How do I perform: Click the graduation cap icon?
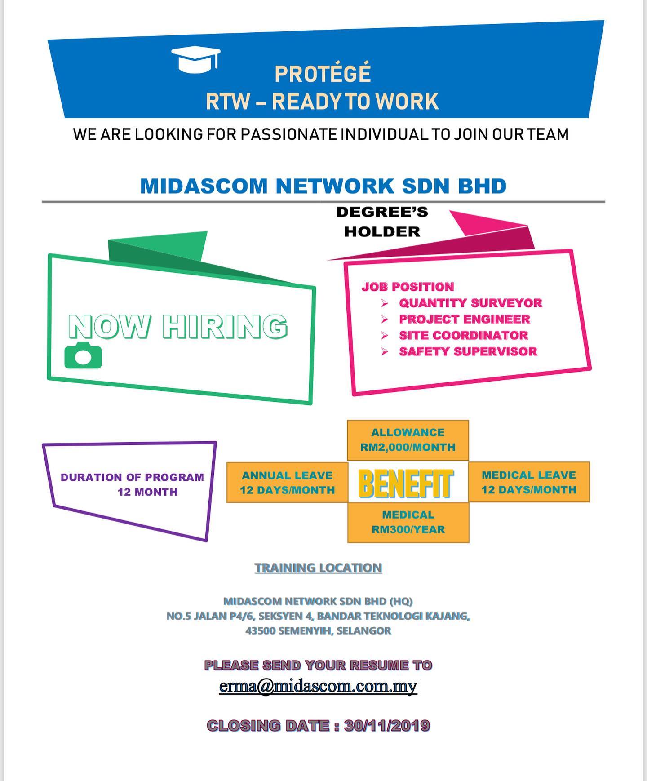pyautogui.click(x=196, y=60)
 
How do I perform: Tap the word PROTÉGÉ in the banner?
pyautogui.click(x=323, y=74)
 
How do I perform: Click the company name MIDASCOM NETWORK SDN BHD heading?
pyautogui.click(x=323, y=186)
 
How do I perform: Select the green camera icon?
pyautogui.click(x=83, y=355)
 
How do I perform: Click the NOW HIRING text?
pyautogui.click(x=178, y=326)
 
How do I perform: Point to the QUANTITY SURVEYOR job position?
pyautogui.click(x=470, y=303)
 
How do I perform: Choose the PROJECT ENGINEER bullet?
pyautogui.click(x=465, y=319)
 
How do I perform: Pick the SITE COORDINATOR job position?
pyautogui.click(x=463, y=335)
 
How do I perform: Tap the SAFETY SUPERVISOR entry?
pyautogui.click(x=468, y=351)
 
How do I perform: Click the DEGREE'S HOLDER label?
pyautogui.click(x=382, y=222)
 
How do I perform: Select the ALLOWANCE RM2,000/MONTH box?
pyautogui.click(x=408, y=440)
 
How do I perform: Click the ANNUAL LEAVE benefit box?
pyautogui.click(x=287, y=483)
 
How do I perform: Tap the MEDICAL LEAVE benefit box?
pyautogui.click(x=529, y=482)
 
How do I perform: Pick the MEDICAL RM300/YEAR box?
pyautogui.click(x=408, y=522)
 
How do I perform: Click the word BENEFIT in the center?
pyautogui.click(x=406, y=484)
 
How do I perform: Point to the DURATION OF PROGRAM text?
pyautogui.click(x=132, y=477)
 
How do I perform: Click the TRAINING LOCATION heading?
pyautogui.click(x=318, y=568)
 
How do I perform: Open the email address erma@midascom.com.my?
pyautogui.click(x=318, y=686)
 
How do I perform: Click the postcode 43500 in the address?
pyautogui.click(x=260, y=630)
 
